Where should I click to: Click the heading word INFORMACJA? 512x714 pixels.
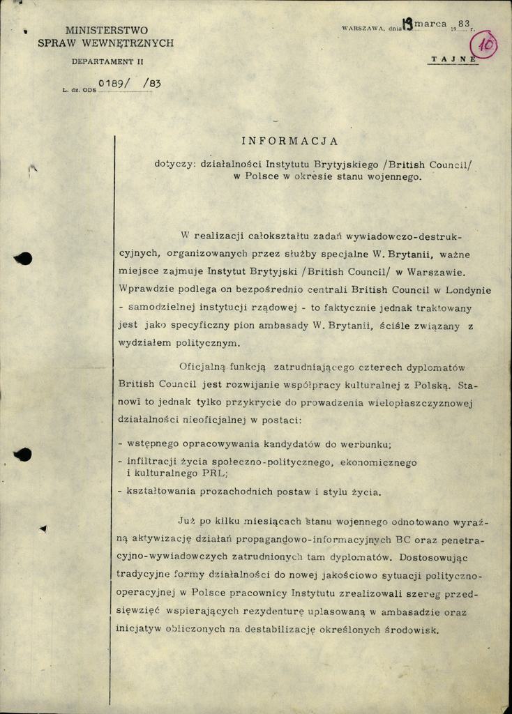[x=289, y=141]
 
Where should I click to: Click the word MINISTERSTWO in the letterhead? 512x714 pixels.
[x=106, y=31]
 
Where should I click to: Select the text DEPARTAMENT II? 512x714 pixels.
[x=107, y=62]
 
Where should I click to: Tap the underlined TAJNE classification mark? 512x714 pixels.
[x=454, y=59]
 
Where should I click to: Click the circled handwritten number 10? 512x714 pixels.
[x=485, y=45]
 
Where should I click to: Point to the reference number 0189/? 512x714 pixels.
[x=114, y=83]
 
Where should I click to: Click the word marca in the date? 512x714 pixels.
[x=430, y=24]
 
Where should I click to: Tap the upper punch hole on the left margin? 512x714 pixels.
[x=23, y=259]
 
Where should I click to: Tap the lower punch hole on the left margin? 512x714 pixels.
[x=23, y=455]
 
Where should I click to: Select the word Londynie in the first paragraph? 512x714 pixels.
[x=467, y=289]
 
